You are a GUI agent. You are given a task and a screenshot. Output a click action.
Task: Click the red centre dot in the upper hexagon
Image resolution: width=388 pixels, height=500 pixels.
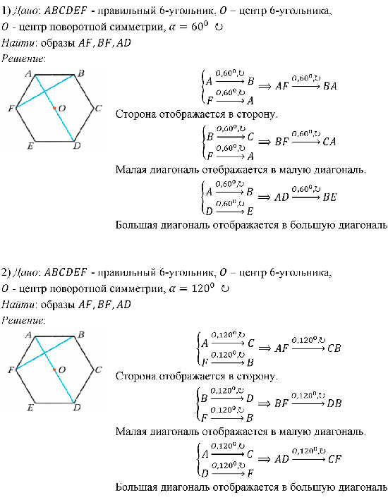[54, 109]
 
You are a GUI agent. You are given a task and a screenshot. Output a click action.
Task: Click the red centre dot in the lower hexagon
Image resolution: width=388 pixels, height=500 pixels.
[54, 370]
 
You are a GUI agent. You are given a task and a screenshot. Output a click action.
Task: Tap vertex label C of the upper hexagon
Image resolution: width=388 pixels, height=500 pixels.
[98, 109]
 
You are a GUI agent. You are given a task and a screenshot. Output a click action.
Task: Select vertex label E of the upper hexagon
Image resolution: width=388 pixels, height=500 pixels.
[30, 146]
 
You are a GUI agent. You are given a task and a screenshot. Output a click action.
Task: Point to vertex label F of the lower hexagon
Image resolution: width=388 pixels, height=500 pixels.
[11, 370]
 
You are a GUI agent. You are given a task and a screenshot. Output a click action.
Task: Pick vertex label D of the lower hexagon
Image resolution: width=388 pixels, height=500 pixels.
[77, 407]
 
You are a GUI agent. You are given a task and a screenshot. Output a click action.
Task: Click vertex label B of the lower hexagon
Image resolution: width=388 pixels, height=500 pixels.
[81, 335]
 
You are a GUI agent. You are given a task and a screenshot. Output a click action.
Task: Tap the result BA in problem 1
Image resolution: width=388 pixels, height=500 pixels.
[330, 86]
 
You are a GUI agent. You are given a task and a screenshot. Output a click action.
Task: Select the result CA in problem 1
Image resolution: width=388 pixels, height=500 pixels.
[329, 142]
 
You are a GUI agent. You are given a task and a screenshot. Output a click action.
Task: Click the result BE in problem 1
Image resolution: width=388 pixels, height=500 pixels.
[329, 197]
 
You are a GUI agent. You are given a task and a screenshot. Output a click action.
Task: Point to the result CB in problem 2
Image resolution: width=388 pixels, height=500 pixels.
[334, 348]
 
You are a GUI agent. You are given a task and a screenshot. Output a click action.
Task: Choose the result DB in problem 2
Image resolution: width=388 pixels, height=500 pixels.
[334, 403]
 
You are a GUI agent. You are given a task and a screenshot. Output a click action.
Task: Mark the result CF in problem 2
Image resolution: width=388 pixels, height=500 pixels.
[334, 459]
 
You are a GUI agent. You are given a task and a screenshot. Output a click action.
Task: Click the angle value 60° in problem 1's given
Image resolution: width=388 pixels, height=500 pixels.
[200, 27]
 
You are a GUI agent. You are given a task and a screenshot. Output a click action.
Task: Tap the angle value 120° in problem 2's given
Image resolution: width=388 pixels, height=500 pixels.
[202, 288]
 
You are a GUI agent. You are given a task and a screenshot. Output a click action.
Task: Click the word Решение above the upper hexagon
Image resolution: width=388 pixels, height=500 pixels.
[23, 59]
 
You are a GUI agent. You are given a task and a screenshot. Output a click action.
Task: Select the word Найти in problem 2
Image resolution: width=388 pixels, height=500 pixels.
[18, 305]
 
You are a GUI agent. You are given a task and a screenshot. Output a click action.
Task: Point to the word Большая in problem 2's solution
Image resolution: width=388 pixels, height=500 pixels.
[137, 487]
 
